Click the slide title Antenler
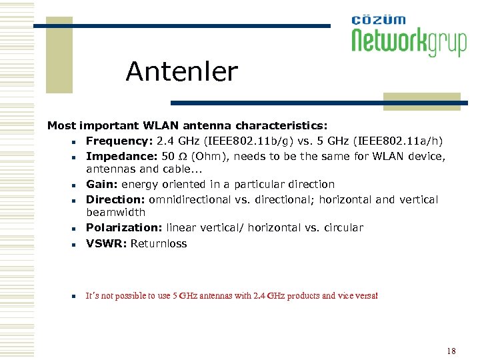(181, 72)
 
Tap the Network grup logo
(409, 37)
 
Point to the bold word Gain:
(101, 184)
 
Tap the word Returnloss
(159, 243)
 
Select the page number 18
(451, 351)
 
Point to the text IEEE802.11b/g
(241, 141)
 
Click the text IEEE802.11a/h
(402, 141)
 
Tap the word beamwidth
(115, 212)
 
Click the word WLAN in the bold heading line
(157, 125)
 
